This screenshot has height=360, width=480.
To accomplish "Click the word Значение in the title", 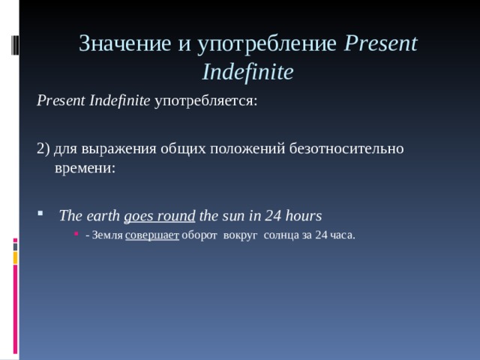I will [124, 44].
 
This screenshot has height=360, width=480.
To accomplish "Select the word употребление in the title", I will [266, 44].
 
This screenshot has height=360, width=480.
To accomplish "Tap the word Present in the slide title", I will [381, 44].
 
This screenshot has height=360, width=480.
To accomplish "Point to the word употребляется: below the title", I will [206, 100].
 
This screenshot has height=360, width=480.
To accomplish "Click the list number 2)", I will [43, 148].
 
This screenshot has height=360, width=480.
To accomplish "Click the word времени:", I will [85, 168].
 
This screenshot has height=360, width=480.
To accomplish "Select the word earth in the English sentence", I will [103, 216].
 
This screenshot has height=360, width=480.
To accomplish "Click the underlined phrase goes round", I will [160, 216].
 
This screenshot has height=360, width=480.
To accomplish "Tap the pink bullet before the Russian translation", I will [79, 235].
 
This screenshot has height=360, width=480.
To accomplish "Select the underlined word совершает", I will [152, 235].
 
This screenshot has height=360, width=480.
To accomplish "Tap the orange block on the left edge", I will [15, 258].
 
